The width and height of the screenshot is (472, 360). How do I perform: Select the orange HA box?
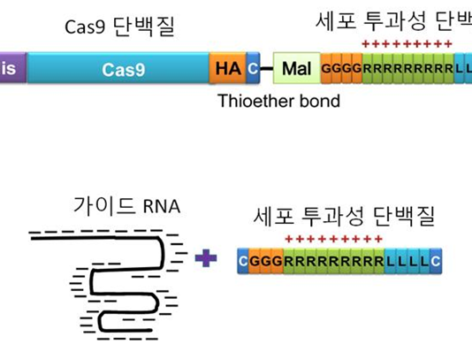point(227,68)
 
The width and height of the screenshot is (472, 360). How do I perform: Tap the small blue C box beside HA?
point(253,68)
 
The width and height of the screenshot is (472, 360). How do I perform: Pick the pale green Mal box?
point(296,68)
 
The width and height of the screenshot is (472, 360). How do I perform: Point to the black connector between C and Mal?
point(266,68)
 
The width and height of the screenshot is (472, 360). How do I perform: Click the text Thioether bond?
point(278,101)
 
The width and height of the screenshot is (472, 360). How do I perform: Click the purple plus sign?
point(205,258)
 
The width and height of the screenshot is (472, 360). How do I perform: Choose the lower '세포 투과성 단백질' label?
point(344,215)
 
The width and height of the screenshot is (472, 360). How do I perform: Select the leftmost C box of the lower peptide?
point(244,261)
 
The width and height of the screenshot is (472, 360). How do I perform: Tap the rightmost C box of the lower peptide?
point(436,261)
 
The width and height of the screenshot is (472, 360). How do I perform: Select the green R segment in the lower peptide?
point(334,261)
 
